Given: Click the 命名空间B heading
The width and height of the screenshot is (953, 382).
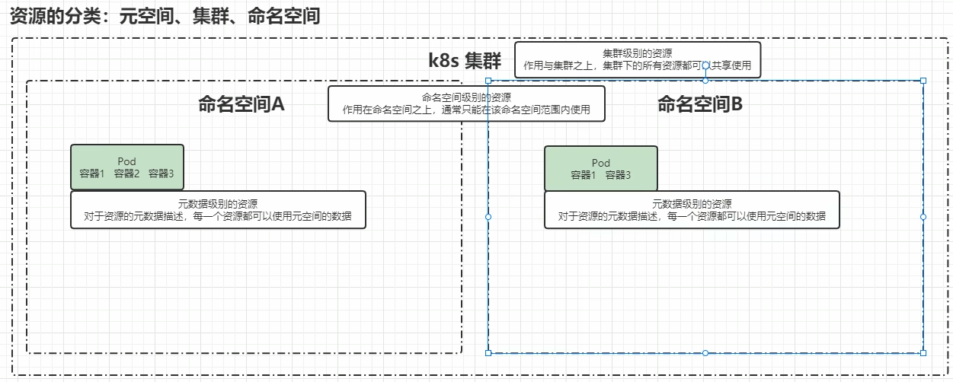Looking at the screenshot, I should point(699,104).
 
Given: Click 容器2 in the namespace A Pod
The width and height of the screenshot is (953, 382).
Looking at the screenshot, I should point(126,173).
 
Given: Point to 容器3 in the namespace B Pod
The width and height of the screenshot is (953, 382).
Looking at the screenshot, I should point(618,175).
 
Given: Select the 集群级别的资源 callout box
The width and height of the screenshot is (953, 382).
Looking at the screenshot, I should point(637,59).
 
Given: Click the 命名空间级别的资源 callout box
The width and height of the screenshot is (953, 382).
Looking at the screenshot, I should point(466,103).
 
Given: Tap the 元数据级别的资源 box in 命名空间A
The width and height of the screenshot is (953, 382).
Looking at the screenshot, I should point(218,210).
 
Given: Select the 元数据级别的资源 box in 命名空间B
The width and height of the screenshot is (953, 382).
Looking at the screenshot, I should point(692,210).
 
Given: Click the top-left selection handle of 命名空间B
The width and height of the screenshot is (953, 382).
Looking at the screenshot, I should point(488,81).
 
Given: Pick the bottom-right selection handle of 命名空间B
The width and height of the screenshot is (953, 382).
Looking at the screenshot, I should point(923,352).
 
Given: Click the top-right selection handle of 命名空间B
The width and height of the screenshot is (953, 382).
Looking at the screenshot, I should point(923,81).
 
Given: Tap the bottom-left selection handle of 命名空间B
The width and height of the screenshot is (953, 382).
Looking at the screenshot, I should point(488,352).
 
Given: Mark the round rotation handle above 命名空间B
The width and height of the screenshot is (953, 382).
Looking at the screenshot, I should point(705,65).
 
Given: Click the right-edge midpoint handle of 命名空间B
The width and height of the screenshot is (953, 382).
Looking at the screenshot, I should point(923,217).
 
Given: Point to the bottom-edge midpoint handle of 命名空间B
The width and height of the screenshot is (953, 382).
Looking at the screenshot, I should point(705,352).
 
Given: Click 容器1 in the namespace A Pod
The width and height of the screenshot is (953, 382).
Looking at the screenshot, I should point(91,173).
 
